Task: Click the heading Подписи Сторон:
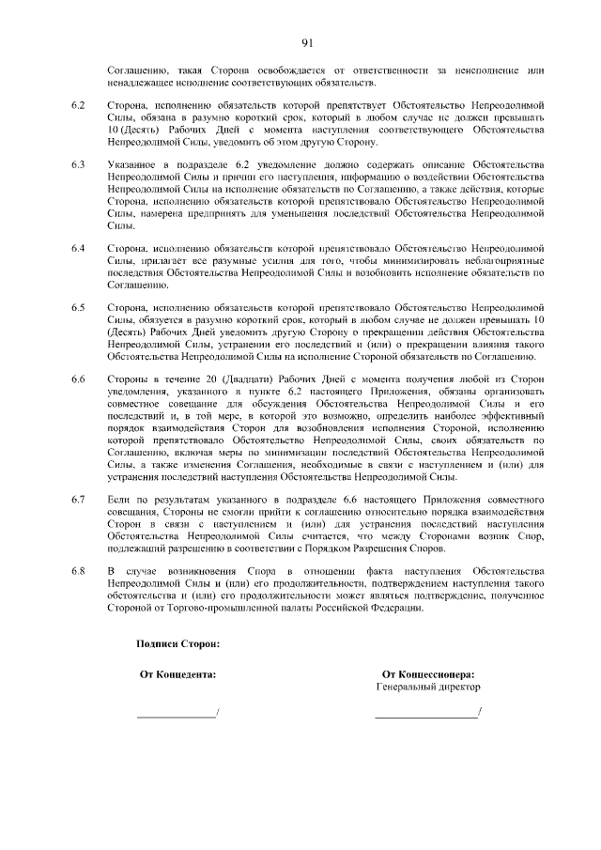(178, 644)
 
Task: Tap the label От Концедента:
(177, 673)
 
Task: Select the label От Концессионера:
(427, 673)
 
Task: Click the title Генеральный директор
(427, 687)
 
